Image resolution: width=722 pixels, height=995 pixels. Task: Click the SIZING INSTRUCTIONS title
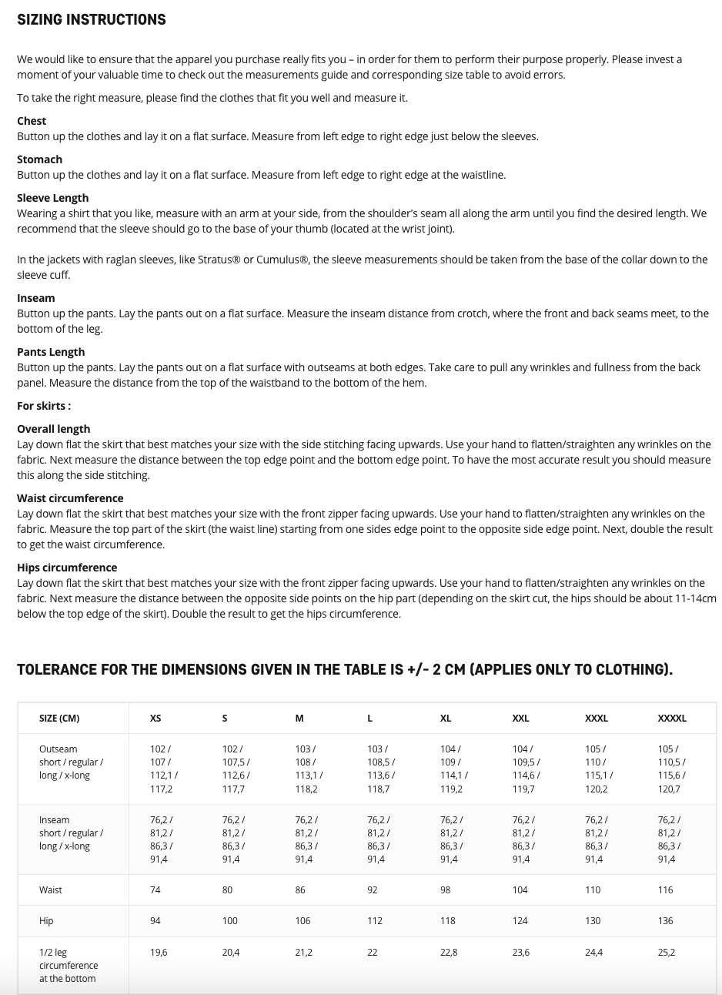point(92,20)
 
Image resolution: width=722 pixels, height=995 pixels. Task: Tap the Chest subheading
point(32,121)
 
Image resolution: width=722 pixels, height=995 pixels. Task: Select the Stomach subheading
point(39,159)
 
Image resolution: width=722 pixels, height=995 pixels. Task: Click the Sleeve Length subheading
point(52,198)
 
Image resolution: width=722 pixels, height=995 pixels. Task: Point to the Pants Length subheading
point(51,352)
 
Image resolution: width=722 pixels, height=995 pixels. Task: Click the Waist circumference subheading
point(70,498)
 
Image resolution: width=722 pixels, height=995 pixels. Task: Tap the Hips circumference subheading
point(67,568)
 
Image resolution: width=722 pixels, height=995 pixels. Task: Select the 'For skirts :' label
point(44,406)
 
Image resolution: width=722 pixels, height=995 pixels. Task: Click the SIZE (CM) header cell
point(59,719)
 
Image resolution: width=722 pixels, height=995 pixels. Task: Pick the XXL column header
point(520,719)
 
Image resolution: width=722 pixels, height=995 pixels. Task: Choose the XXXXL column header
point(672,719)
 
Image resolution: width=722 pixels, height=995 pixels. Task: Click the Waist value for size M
point(300,890)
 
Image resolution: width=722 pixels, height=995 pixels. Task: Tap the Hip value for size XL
point(447,921)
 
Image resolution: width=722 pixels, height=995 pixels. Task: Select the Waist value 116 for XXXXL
point(665,890)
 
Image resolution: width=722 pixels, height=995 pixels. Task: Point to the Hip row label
point(46,921)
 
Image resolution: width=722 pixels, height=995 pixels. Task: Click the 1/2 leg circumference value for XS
point(159,953)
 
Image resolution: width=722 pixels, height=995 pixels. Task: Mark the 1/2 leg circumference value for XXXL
point(593,953)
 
